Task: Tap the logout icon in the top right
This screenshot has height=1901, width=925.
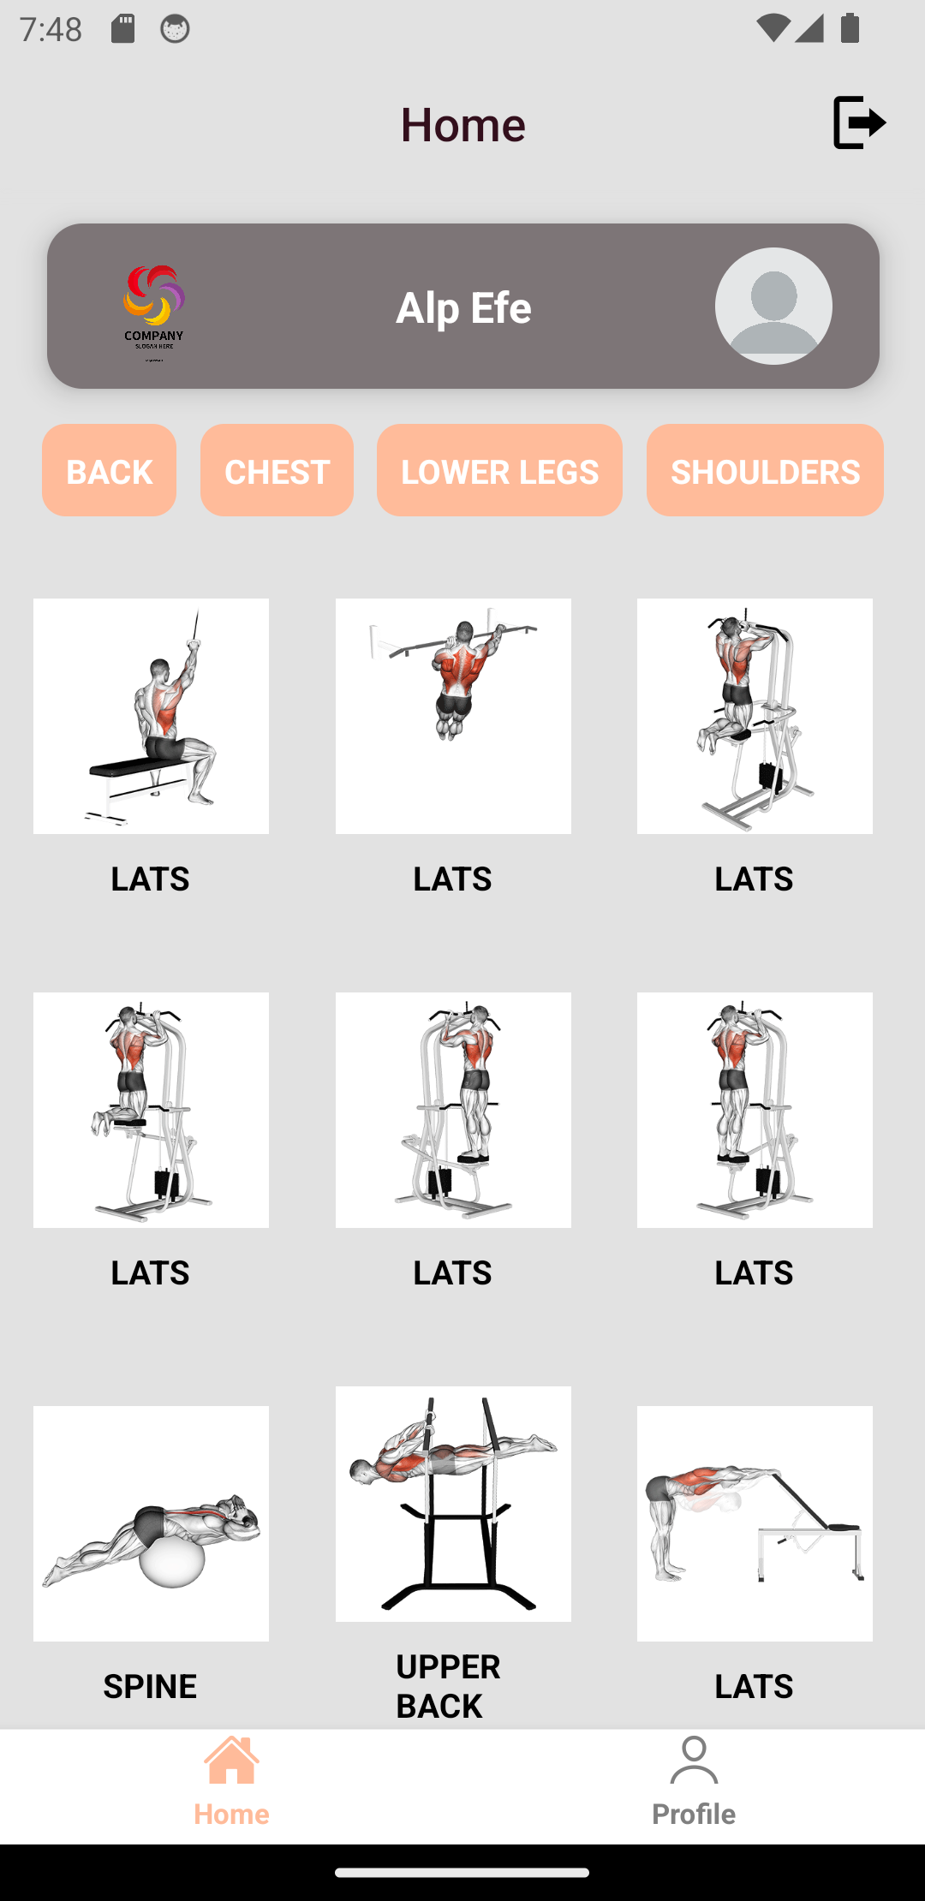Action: coord(858,122)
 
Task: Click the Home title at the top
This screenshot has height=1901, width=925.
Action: coord(462,124)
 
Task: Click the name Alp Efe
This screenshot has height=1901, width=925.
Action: coord(463,307)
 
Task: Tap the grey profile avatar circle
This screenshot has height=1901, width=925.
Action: coord(773,306)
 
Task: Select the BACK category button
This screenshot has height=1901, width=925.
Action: coord(109,470)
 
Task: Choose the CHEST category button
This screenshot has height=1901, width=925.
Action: coord(277,470)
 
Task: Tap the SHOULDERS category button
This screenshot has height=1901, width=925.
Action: coord(765,470)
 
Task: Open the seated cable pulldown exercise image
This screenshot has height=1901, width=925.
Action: coord(151,716)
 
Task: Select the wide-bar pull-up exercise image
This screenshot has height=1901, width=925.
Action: coord(453,716)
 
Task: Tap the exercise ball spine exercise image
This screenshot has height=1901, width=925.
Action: coord(151,1523)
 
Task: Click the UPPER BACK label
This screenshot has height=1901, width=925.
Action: coord(448,1685)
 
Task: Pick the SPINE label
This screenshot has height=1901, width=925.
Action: coord(150,1685)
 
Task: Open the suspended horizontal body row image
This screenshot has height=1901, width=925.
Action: coord(453,1503)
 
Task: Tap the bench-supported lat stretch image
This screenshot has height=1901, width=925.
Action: coord(755,1523)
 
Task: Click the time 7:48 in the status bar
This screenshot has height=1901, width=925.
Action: coord(51,29)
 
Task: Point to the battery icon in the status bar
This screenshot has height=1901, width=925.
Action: coord(850,29)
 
